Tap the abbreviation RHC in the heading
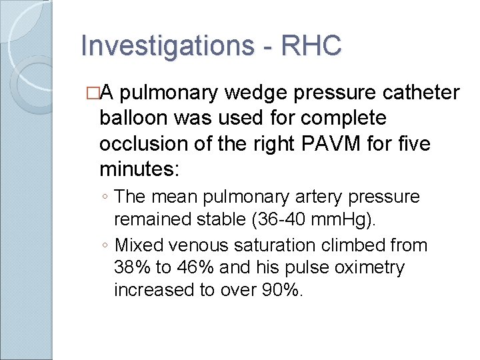click(311, 46)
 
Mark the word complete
click(353, 118)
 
